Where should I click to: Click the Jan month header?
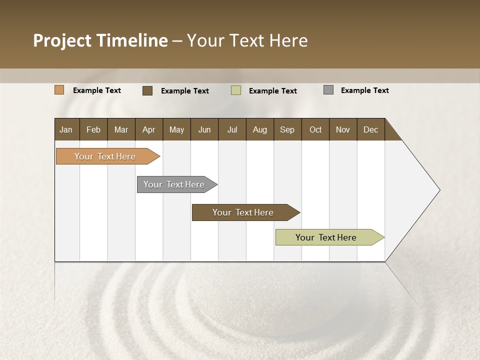point(66,129)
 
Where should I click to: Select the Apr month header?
point(148,129)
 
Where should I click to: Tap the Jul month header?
point(232,129)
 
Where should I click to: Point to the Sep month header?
point(287,129)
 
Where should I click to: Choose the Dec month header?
point(370,129)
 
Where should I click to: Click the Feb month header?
point(93,129)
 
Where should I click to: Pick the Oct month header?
point(315,129)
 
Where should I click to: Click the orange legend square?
point(59,90)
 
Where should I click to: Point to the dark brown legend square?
point(147,90)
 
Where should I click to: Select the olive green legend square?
point(236,90)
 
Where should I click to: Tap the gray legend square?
point(328,90)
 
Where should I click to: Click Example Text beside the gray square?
point(364,90)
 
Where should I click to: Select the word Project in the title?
point(62,40)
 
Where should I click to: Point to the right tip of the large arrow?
point(439,190)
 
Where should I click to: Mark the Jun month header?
point(204,129)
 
